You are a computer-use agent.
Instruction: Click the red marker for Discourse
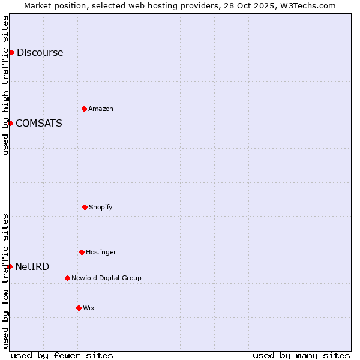pyautogui.click(x=11, y=52)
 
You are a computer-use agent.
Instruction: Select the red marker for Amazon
pyautogui.click(x=84, y=109)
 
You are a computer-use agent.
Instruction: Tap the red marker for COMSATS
pyautogui.click(x=10, y=123)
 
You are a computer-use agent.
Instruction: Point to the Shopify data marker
pyautogui.click(x=85, y=207)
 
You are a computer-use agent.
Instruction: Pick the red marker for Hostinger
pyautogui.click(x=82, y=252)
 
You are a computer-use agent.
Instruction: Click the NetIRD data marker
pyautogui.click(x=10, y=266)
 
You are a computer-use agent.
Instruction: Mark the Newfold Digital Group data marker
pyautogui.click(x=67, y=278)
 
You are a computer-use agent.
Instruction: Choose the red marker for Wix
pyautogui.click(x=79, y=308)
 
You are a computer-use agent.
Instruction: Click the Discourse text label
pyautogui.click(x=40, y=53)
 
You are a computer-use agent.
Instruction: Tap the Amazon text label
pyautogui.click(x=101, y=109)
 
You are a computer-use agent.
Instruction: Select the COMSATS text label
pyautogui.click(x=38, y=124)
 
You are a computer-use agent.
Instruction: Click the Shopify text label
pyautogui.click(x=100, y=208)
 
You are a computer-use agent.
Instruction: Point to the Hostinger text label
pyautogui.click(x=101, y=253)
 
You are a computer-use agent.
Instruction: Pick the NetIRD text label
pyautogui.click(x=32, y=267)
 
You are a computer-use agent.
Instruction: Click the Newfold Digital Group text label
pyautogui.click(x=106, y=278)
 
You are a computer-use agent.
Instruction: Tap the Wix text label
pyautogui.click(x=88, y=308)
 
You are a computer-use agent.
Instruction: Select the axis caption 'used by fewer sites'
pyautogui.click(x=62, y=355)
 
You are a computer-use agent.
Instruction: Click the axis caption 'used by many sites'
pyautogui.click(x=301, y=355)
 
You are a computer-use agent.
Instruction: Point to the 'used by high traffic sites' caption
pyautogui.click(x=5, y=85)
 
